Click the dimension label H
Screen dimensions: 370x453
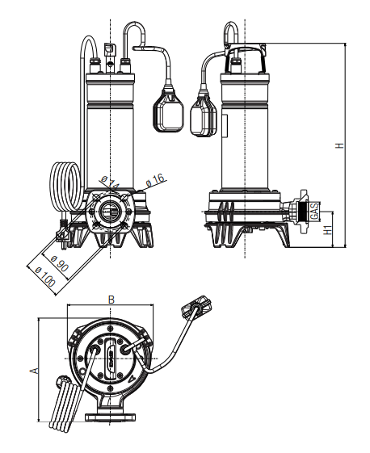340,145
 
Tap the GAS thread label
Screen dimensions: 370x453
314,212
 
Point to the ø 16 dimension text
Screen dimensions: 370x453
156,180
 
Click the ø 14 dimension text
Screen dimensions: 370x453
110,182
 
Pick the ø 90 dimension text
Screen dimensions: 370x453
60,263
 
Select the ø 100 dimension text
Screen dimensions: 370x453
45,276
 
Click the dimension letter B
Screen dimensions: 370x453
111,300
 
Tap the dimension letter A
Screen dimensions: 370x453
35,371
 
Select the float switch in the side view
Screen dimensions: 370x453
204,115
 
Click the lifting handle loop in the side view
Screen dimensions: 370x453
231,32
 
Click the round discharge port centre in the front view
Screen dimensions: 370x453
109,212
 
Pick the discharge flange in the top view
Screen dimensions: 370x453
110,417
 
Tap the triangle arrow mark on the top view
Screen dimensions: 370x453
132,378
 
